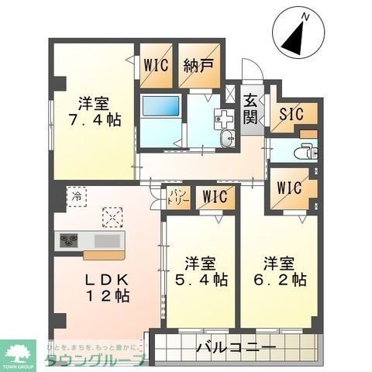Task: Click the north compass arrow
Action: (293, 36)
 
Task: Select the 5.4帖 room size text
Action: (200, 278)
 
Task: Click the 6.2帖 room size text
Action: (279, 278)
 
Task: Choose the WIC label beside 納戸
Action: (155, 65)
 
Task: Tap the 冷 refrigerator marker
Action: (76, 197)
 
